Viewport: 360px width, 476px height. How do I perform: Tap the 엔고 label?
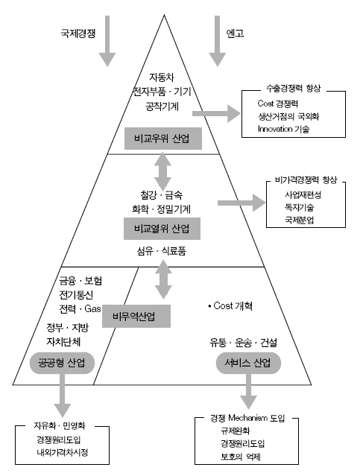point(236,34)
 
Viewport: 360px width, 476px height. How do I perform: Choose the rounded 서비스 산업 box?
point(244,363)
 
